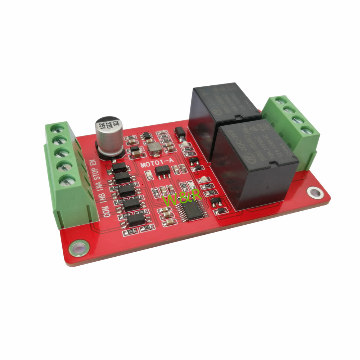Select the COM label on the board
click(107, 211)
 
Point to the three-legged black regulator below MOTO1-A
click(161, 172)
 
